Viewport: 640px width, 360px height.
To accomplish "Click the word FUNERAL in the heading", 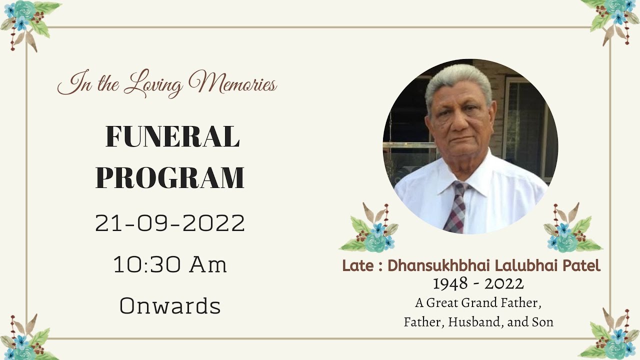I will tap(172, 136).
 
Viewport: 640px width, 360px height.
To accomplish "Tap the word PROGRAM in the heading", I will tap(170, 177).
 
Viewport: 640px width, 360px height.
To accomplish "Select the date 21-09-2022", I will tap(170, 223).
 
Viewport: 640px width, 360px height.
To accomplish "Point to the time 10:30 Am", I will tap(170, 265).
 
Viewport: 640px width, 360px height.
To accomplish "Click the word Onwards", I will tap(170, 306).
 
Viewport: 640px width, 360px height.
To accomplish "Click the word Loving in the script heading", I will tap(153, 85).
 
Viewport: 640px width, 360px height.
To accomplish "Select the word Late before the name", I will tap(357, 266).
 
